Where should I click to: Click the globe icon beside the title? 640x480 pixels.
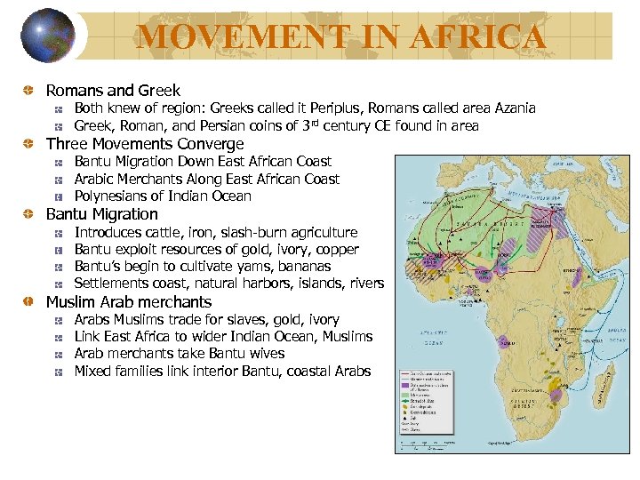click(49, 35)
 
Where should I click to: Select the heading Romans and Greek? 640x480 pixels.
click(113, 91)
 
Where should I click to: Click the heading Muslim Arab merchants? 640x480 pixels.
click(129, 302)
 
